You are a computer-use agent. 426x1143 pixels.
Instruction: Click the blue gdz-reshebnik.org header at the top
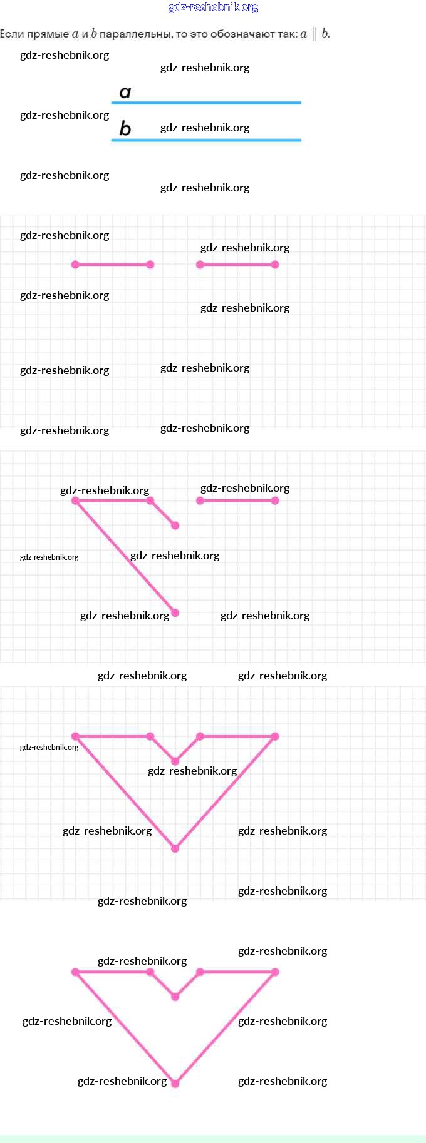pos(213,8)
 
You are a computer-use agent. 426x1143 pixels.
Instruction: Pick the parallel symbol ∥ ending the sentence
pos(314,34)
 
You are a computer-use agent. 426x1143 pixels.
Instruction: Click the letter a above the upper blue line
pos(125,93)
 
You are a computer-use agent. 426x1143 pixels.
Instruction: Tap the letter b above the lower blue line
pos(125,128)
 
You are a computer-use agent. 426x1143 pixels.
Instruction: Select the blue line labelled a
pos(207,103)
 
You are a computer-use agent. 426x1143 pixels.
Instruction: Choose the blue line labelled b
pos(207,140)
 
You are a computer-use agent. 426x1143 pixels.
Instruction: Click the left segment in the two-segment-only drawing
pos(113,265)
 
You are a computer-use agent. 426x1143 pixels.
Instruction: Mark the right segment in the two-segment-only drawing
pos(237,265)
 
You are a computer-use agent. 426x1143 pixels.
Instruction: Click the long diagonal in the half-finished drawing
pos(125,557)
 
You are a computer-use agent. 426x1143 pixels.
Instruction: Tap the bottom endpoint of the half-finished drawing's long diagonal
pos(175,613)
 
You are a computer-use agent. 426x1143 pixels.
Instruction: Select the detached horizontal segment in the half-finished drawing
pos(237,500)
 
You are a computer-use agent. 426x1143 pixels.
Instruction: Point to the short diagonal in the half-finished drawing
pos(163,513)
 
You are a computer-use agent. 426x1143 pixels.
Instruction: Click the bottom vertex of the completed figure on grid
pos(175,848)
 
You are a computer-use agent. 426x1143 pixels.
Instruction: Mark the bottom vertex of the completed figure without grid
pos(175,1084)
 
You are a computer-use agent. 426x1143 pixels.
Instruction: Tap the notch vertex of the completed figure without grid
pos(175,997)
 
